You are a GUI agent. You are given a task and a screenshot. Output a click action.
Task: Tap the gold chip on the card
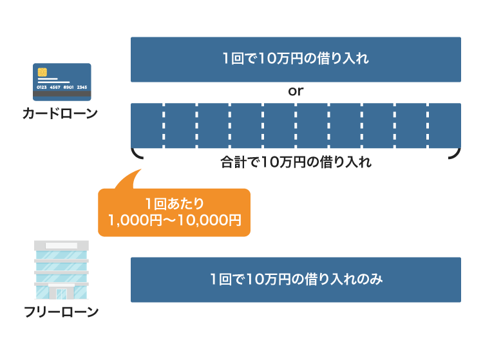coord(42,71)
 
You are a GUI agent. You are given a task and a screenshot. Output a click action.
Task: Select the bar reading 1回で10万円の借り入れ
coord(296,59)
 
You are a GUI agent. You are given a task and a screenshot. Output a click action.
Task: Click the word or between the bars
coord(296,91)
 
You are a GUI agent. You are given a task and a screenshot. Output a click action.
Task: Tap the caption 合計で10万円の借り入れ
coord(296,162)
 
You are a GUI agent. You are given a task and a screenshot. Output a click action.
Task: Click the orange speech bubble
coord(174,212)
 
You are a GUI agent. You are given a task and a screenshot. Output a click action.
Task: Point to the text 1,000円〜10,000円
coord(175,221)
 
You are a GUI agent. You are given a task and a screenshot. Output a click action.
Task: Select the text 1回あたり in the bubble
coord(175,204)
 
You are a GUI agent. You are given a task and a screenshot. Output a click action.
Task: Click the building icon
coord(61,271)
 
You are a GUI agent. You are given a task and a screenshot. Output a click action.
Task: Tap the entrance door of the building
coord(61,294)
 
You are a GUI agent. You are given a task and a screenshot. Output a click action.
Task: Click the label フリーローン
coord(61,313)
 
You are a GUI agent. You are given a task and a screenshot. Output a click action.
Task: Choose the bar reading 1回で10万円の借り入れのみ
coord(296,279)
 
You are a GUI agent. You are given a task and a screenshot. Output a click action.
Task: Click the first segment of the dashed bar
coord(147,124)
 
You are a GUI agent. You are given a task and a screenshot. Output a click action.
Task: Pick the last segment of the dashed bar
coord(445,124)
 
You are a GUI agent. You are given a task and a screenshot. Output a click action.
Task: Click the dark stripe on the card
coord(61,94)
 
